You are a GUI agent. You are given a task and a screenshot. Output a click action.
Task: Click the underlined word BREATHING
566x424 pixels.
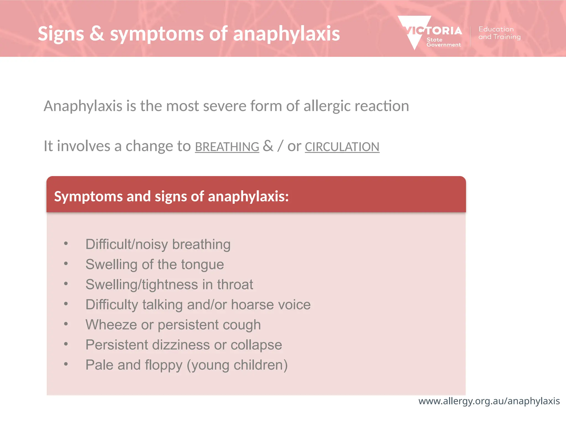[227, 147]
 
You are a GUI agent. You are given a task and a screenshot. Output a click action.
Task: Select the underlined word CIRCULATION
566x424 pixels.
[342, 147]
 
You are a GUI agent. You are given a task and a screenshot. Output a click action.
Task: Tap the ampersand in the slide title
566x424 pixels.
[97, 34]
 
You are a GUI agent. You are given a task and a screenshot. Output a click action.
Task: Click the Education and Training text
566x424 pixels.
[499, 33]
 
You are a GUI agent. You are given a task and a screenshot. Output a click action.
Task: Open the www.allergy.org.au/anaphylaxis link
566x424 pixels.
[489, 401]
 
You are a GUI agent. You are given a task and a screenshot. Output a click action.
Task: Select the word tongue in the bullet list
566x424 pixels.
[203, 265]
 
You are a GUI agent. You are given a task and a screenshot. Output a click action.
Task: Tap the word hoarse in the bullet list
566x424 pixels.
[252, 305]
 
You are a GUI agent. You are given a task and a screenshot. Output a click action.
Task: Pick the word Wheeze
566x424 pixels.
[111, 325]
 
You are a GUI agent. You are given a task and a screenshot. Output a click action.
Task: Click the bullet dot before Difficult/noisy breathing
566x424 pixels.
[66, 243]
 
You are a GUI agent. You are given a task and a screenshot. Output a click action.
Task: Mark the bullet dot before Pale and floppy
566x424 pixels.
[66, 364]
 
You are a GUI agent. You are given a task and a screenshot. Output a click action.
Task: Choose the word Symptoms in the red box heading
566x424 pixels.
[88, 197]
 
